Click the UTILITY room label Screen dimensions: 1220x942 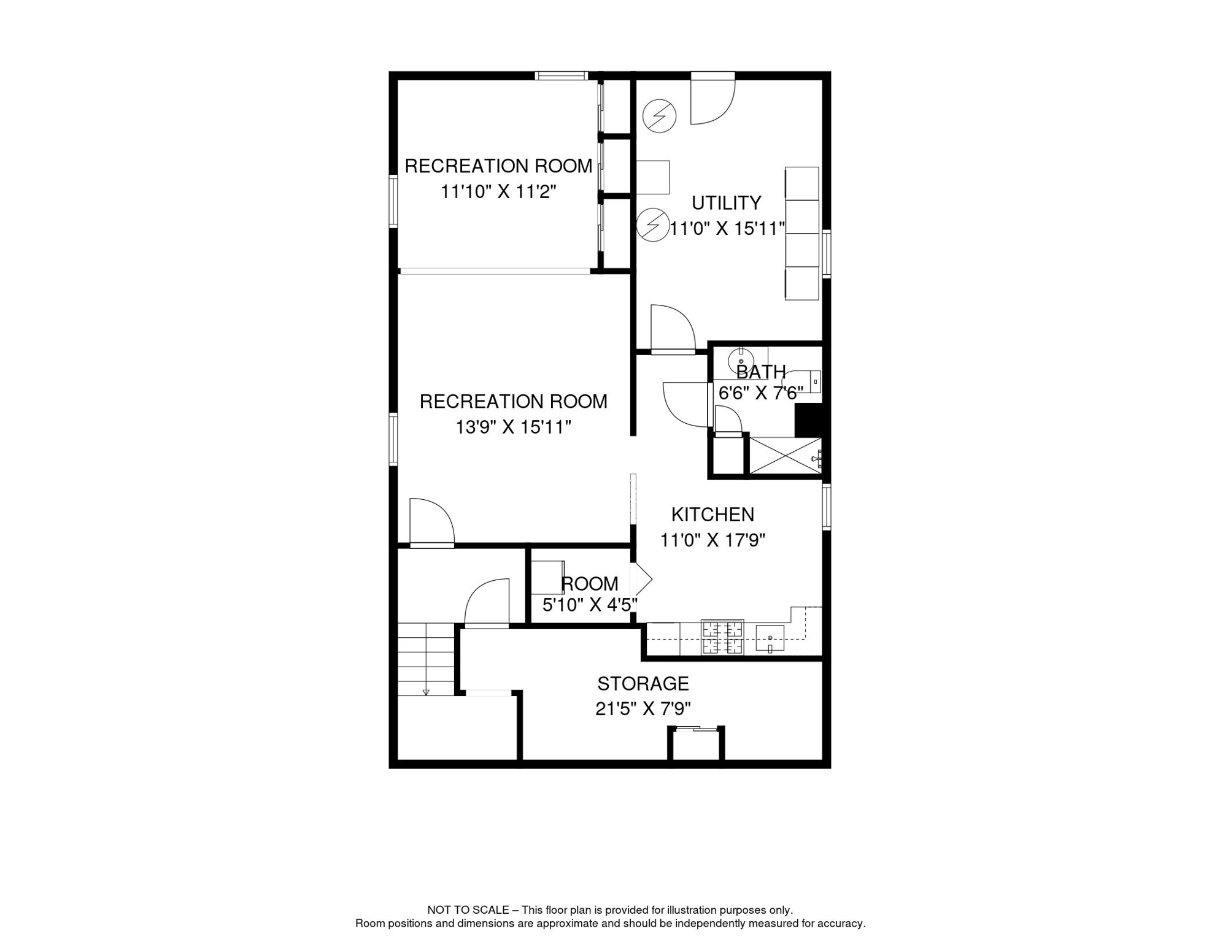pyautogui.click(x=726, y=202)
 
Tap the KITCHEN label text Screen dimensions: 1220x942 pyautogui.click(x=712, y=514)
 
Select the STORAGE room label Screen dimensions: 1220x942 pyautogui.click(x=643, y=683)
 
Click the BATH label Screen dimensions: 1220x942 pyautogui.click(x=761, y=372)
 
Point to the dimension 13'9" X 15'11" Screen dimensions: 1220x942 pyautogui.click(x=514, y=427)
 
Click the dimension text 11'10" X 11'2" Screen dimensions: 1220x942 pyautogui.click(x=498, y=191)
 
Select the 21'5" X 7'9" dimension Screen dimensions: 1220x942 pyautogui.click(x=643, y=709)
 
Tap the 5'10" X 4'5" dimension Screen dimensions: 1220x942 pyautogui.click(x=590, y=605)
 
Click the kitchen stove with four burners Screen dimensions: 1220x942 pyautogui.click(x=722, y=637)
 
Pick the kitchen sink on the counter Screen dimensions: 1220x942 pyautogui.click(x=770, y=639)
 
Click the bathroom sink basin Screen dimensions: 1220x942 pyautogui.click(x=741, y=360)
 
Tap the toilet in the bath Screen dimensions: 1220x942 pyautogui.click(x=803, y=381)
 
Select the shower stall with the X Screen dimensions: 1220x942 pyautogui.click(x=786, y=456)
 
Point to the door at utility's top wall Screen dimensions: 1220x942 pyautogui.click(x=712, y=98)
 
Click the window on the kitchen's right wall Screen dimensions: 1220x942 pyautogui.click(x=827, y=507)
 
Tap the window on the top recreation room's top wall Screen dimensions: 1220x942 pyautogui.click(x=562, y=76)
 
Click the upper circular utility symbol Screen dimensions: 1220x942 pyautogui.click(x=659, y=115)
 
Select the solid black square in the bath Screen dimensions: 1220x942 pyautogui.click(x=808, y=420)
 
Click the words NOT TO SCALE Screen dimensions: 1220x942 pyautogui.click(x=468, y=910)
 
